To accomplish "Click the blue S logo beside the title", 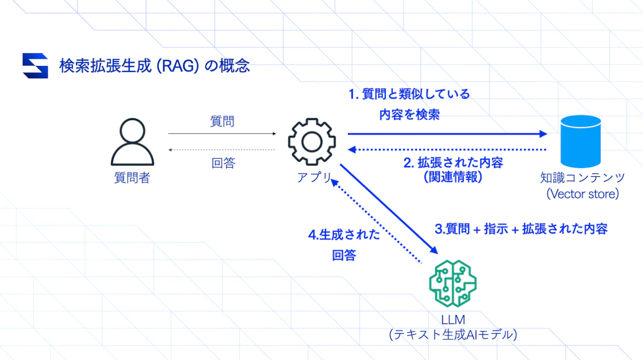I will (35, 66).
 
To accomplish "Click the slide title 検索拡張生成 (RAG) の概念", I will (154, 65).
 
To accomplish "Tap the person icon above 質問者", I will (132, 142).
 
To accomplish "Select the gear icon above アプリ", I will (312, 142).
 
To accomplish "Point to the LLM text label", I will (453, 320).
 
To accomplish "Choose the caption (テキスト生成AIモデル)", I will (453, 335).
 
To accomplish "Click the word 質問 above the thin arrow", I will (222, 122).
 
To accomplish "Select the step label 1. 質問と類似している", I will (409, 95).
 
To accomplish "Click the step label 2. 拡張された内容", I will (453, 162).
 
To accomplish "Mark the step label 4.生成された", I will (345, 235).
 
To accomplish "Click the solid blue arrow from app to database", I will (445, 134).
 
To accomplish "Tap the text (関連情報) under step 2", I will (453, 177).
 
